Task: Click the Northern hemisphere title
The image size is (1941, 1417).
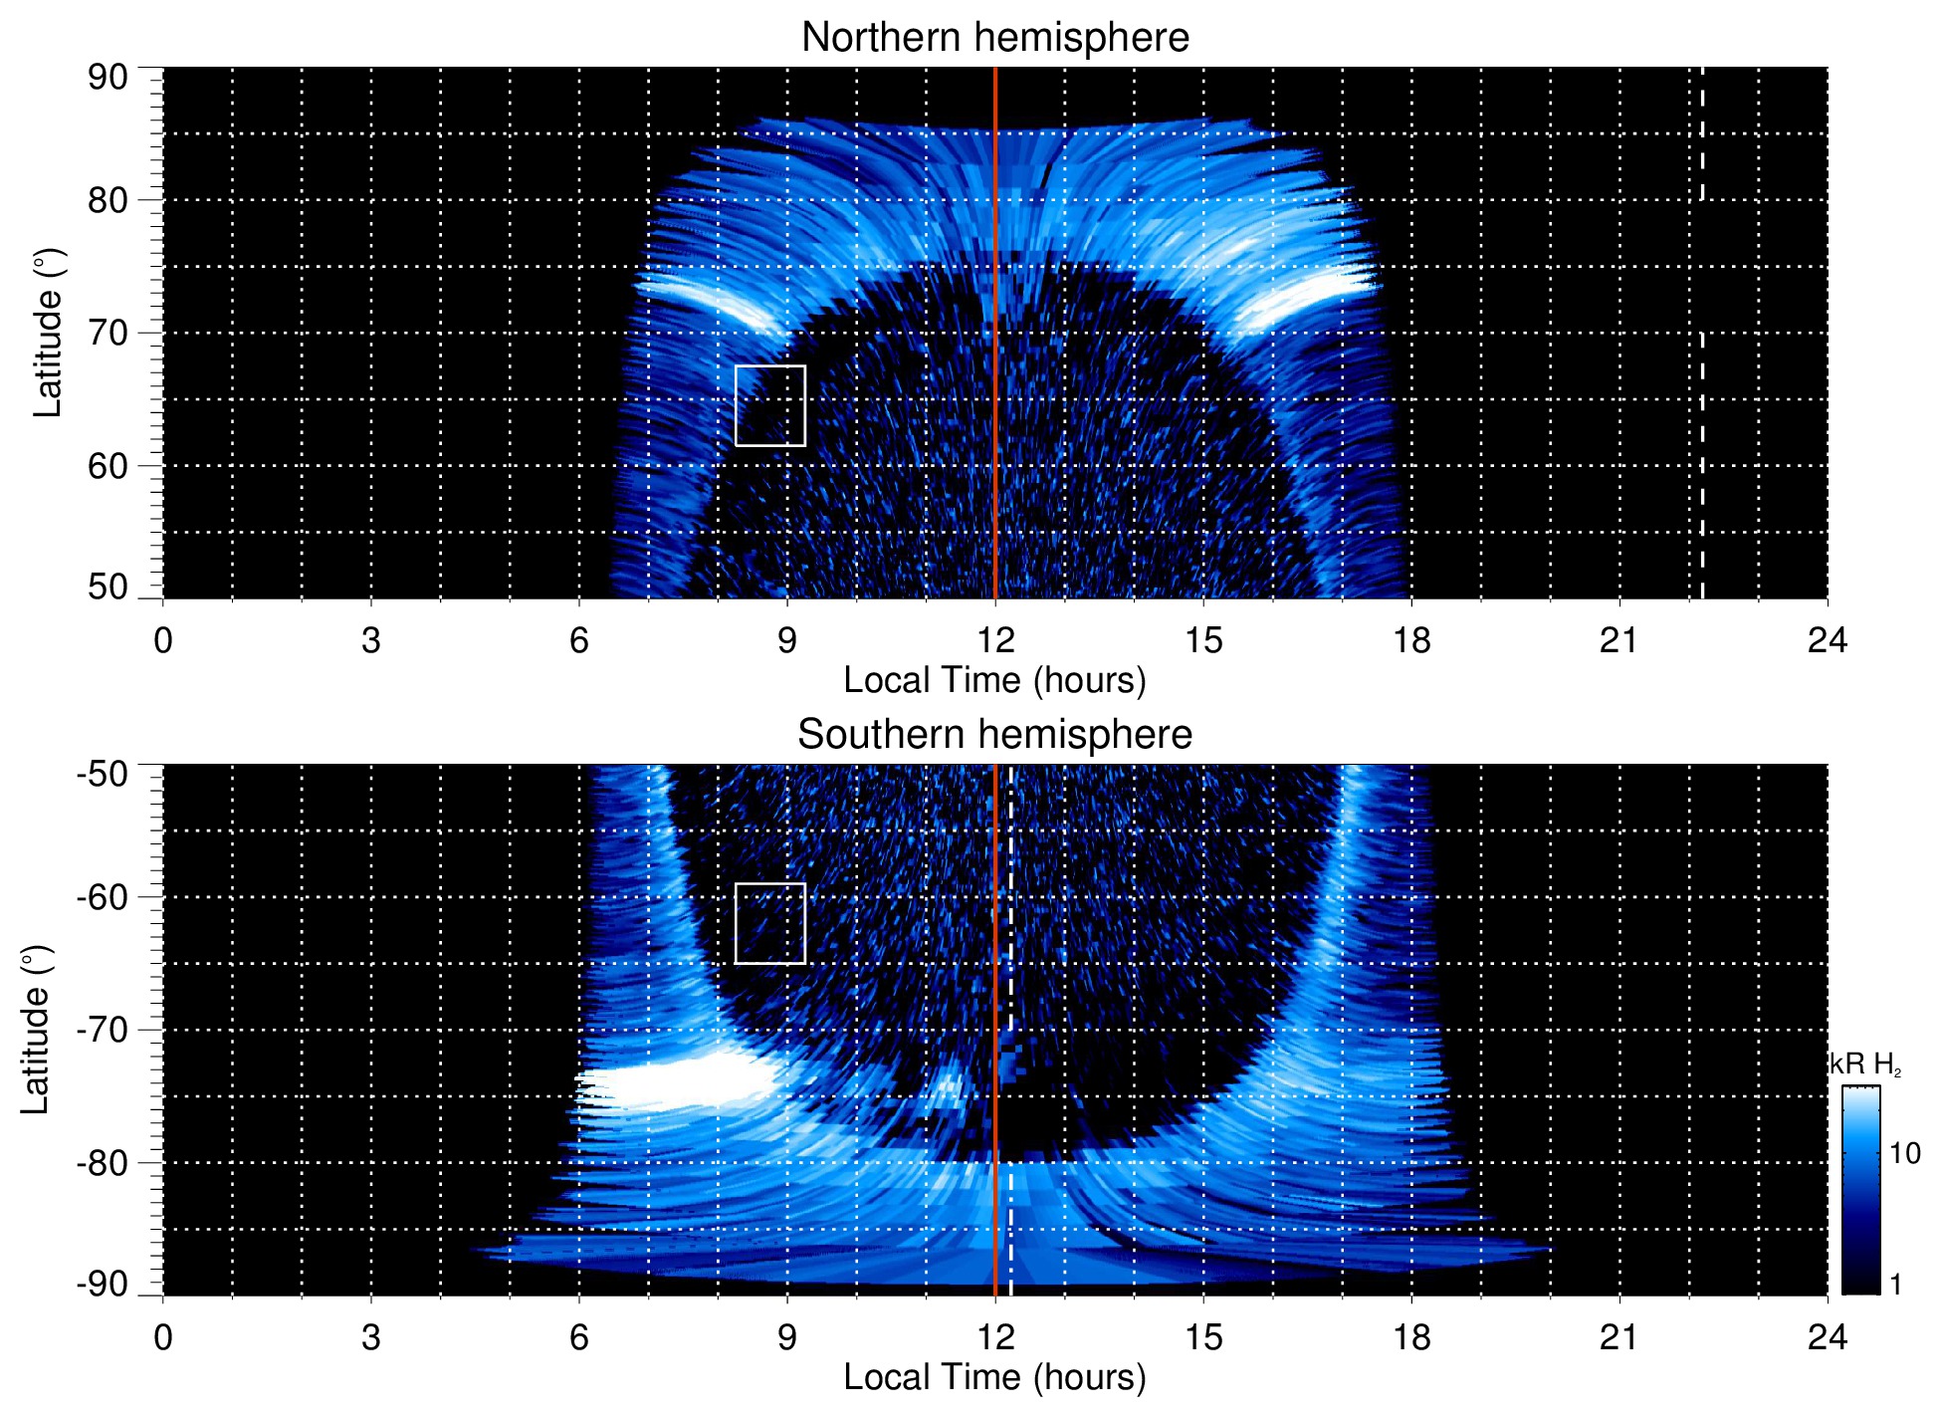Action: click(994, 38)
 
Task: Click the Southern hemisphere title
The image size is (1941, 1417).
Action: click(994, 735)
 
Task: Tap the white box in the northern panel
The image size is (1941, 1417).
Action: click(769, 405)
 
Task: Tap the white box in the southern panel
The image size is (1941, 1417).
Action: click(769, 923)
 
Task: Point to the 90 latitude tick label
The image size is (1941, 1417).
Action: click(108, 78)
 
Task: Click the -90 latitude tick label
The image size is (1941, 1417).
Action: click(102, 1285)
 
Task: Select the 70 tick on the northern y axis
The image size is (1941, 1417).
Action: click(108, 333)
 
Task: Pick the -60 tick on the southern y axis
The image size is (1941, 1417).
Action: click(102, 897)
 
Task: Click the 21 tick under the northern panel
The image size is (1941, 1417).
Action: click(1618, 640)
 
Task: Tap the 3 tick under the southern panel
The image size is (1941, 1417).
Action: click(371, 1337)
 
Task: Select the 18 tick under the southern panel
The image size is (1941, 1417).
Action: click(1410, 1337)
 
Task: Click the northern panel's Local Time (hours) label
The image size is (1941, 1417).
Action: click(994, 681)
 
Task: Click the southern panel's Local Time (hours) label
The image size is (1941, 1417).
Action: click(994, 1378)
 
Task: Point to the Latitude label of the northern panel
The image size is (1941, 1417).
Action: click(48, 333)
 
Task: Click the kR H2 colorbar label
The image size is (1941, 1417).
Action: click(1865, 1064)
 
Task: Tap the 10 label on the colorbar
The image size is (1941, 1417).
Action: click(1904, 1154)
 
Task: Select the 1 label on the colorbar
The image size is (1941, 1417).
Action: click(1895, 1285)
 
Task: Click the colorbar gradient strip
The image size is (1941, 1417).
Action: click(1859, 1190)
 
